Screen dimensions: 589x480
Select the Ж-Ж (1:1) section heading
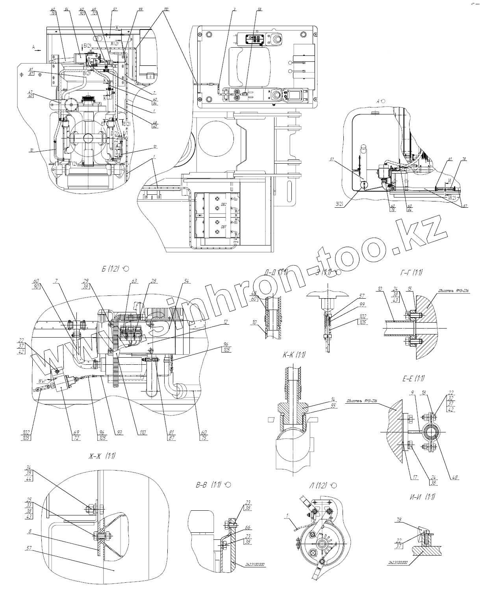coord(102,456)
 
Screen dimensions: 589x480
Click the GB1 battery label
coord(223,227)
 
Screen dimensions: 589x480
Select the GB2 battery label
coord(223,205)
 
